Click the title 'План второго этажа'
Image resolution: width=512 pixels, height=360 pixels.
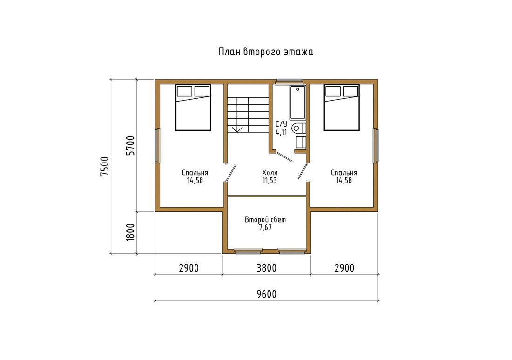266,52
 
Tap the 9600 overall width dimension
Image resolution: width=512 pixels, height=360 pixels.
266,294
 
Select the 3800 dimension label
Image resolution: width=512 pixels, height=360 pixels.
266,268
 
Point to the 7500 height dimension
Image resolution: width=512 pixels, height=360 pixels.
104,167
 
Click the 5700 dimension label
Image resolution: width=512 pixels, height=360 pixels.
130,146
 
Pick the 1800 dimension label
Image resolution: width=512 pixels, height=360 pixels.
130,232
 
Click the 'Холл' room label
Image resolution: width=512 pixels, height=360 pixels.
269,172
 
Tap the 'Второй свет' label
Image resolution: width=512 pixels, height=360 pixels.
265,220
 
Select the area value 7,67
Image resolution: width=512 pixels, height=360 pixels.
265,228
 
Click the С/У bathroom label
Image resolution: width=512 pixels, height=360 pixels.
281,124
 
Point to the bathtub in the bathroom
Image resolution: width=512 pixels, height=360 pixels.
297,102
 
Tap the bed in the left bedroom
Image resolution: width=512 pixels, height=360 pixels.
193,108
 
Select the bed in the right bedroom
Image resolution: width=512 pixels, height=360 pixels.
342,108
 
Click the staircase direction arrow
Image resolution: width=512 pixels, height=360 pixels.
237,129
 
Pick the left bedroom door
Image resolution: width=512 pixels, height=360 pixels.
230,173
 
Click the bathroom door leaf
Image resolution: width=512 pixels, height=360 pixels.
284,156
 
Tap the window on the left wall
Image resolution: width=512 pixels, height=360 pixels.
158,146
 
